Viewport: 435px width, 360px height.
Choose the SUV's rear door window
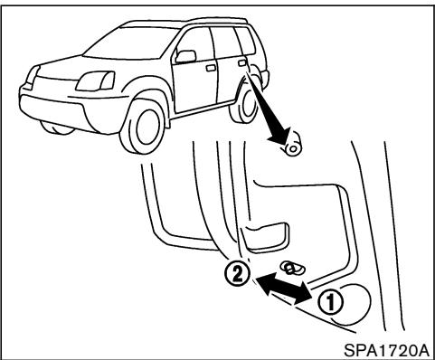pyautogui.click(x=228, y=40)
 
